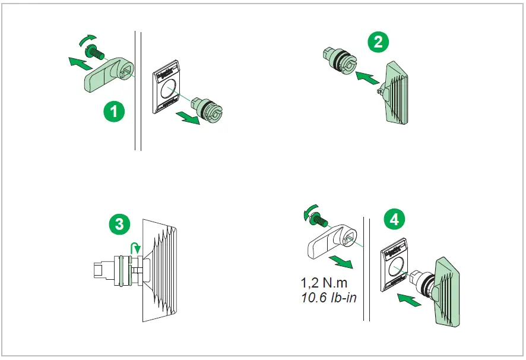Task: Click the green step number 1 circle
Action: coord(113,110)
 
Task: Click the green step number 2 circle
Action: coord(378,42)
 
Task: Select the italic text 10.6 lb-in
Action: coord(329,297)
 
